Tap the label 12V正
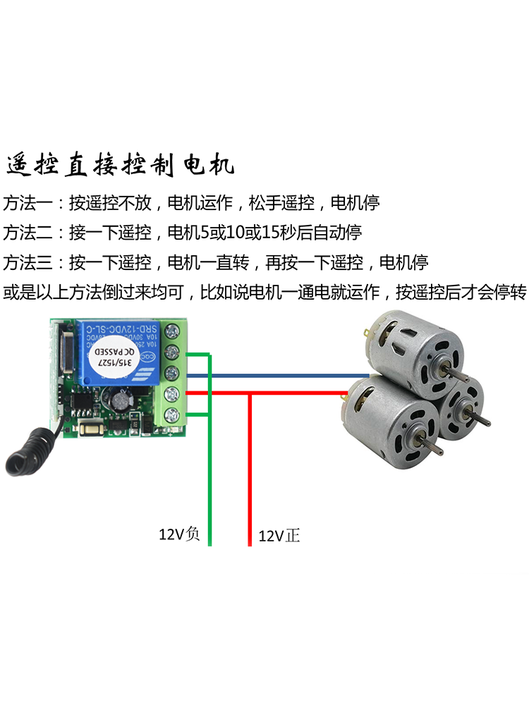pyautogui.click(x=279, y=536)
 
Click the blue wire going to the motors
pyautogui.click(x=282, y=376)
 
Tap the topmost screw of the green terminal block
pyautogui.click(x=170, y=331)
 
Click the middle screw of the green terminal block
pyautogui.click(x=170, y=373)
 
